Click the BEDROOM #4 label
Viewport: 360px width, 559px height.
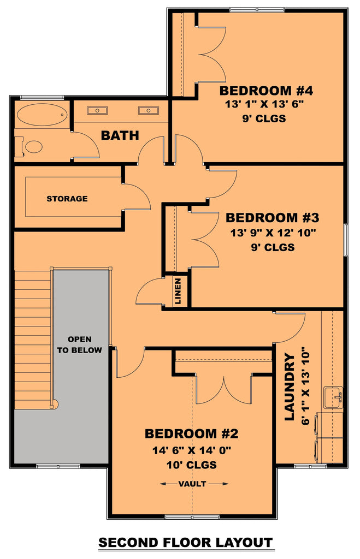[254, 91]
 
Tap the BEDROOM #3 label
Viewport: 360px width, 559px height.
[272, 218]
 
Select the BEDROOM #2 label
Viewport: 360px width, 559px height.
[191, 434]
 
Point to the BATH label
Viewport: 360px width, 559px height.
[120, 135]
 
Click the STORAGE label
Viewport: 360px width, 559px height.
[67, 199]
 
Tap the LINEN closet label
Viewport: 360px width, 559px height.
[178, 292]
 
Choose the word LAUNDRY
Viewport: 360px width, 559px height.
[290, 386]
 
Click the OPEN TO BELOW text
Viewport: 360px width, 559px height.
[80, 344]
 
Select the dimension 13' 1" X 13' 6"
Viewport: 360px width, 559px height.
[255, 105]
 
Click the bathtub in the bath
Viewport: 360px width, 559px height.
[42, 115]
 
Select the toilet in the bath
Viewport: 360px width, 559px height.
[33, 146]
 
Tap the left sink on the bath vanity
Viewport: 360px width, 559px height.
[97, 111]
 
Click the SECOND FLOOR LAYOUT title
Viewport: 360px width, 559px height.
[185, 543]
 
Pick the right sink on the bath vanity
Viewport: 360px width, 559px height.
[147, 111]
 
